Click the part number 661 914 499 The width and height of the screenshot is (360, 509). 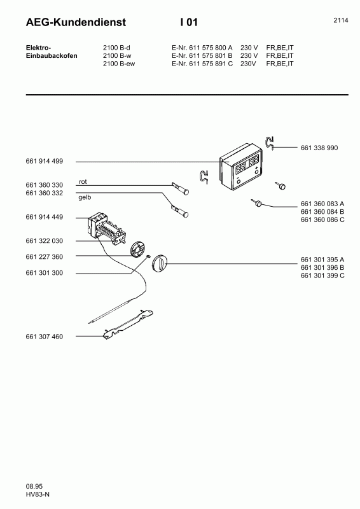(44, 161)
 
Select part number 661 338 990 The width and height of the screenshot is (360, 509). (319, 148)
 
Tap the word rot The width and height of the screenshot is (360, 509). (83, 182)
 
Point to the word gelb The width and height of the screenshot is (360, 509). (85, 197)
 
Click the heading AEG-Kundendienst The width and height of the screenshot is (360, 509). (76, 22)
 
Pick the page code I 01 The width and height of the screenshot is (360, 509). (189, 22)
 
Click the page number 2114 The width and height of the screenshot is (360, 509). (341, 20)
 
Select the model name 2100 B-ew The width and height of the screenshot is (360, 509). (119, 64)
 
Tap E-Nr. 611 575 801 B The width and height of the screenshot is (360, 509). (202, 55)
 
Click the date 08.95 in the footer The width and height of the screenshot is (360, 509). (34, 486)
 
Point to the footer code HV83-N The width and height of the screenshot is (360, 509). (38, 494)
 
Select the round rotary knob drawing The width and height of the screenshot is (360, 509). (160, 262)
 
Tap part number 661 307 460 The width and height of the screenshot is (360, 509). (44, 337)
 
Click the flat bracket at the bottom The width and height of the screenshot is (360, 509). (128, 324)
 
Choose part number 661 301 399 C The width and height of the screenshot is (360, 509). (322, 275)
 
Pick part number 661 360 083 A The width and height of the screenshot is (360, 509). (322, 204)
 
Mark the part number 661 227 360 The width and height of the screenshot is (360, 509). (44, 257)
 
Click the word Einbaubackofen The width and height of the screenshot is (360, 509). (52, 55)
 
